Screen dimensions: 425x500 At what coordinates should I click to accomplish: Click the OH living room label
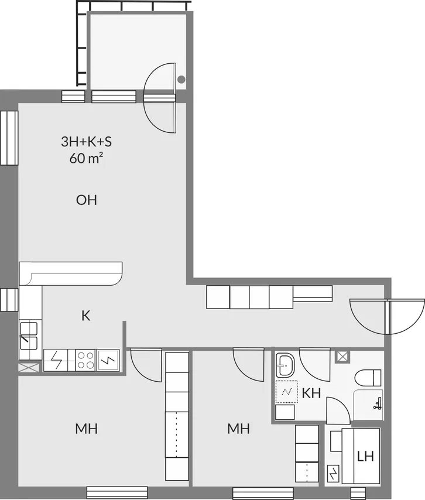tap(87, 200)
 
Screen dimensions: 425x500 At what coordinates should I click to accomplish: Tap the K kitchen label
tap(86, 316)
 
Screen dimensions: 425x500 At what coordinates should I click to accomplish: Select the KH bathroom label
tap(311, 393)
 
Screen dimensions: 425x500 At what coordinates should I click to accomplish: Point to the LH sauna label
tap(365, 457)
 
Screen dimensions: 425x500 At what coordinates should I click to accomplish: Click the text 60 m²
tap(86, 158)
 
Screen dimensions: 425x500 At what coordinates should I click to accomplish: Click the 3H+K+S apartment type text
tap(87, 142)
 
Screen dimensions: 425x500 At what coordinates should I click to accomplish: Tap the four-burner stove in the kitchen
tap(86, 360)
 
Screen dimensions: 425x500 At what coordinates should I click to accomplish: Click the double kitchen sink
tap(29, 336)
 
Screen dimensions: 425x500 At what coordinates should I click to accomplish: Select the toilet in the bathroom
tap(368, 378)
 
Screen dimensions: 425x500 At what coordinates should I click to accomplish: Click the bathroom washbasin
tap(285, 365)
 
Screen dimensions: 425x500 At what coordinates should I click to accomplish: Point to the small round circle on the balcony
tap(181, 80)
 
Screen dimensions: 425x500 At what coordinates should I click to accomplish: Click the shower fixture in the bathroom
tap(378, 403)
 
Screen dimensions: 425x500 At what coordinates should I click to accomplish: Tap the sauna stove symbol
tap(333, 474)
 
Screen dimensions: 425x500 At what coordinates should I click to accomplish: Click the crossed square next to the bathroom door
tap(342, 357)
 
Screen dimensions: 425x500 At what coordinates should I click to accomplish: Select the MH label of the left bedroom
tap(87, 429)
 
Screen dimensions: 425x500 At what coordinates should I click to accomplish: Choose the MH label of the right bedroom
tap(238, 429)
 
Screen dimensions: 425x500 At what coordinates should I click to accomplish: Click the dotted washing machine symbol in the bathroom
tap(287, 392)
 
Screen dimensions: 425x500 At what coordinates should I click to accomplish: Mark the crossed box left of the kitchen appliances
tap(29, 368)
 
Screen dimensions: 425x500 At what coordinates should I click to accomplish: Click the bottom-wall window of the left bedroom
tap(117, 492)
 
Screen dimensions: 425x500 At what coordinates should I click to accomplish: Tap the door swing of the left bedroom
tap(146, 365)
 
